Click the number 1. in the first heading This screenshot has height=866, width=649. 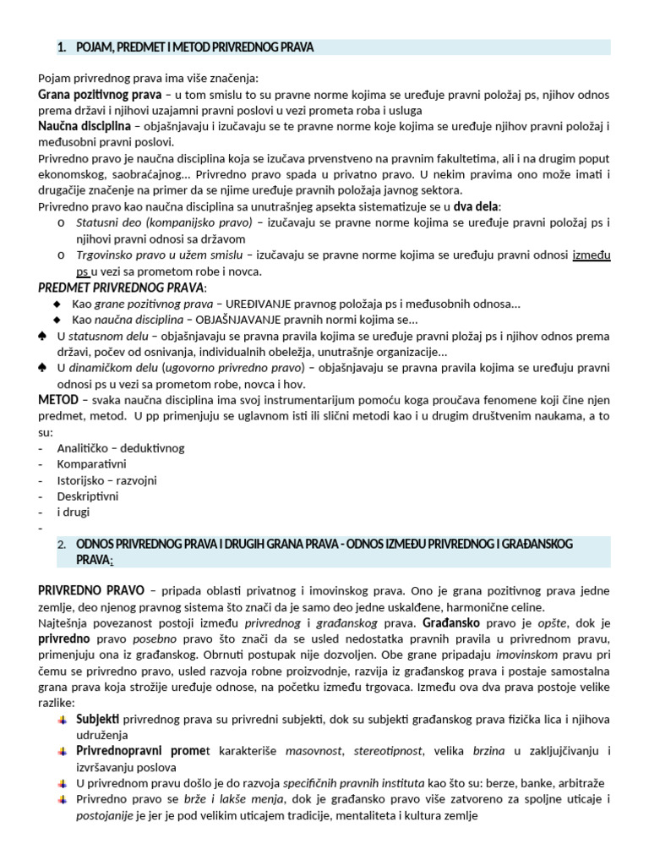coord(63,47)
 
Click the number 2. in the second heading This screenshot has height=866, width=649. coord(62,545)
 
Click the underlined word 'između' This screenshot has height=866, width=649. coord(592,255)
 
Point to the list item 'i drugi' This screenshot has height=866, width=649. coord(73,512)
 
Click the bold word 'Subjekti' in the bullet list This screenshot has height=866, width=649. coord(98,719)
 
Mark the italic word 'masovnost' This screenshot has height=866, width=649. coord(314,751)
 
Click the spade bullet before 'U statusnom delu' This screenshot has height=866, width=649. coord(43,336)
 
